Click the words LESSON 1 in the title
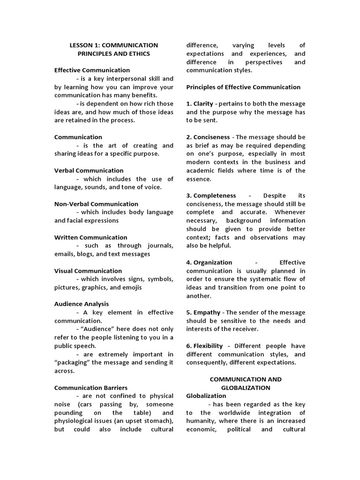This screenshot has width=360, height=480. pos(83,45)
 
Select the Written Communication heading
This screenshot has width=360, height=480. pos(90,237)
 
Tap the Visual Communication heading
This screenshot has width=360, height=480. pos(88,271)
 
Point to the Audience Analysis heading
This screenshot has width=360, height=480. pos(81,304)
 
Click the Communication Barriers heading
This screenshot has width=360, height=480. pos(90,388)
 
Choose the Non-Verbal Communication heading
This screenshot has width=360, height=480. pos(96,204)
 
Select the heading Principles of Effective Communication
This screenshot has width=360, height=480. pos(243,87)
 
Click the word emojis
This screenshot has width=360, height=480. pos(131,287)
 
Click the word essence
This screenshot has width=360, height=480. pos(199,179)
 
